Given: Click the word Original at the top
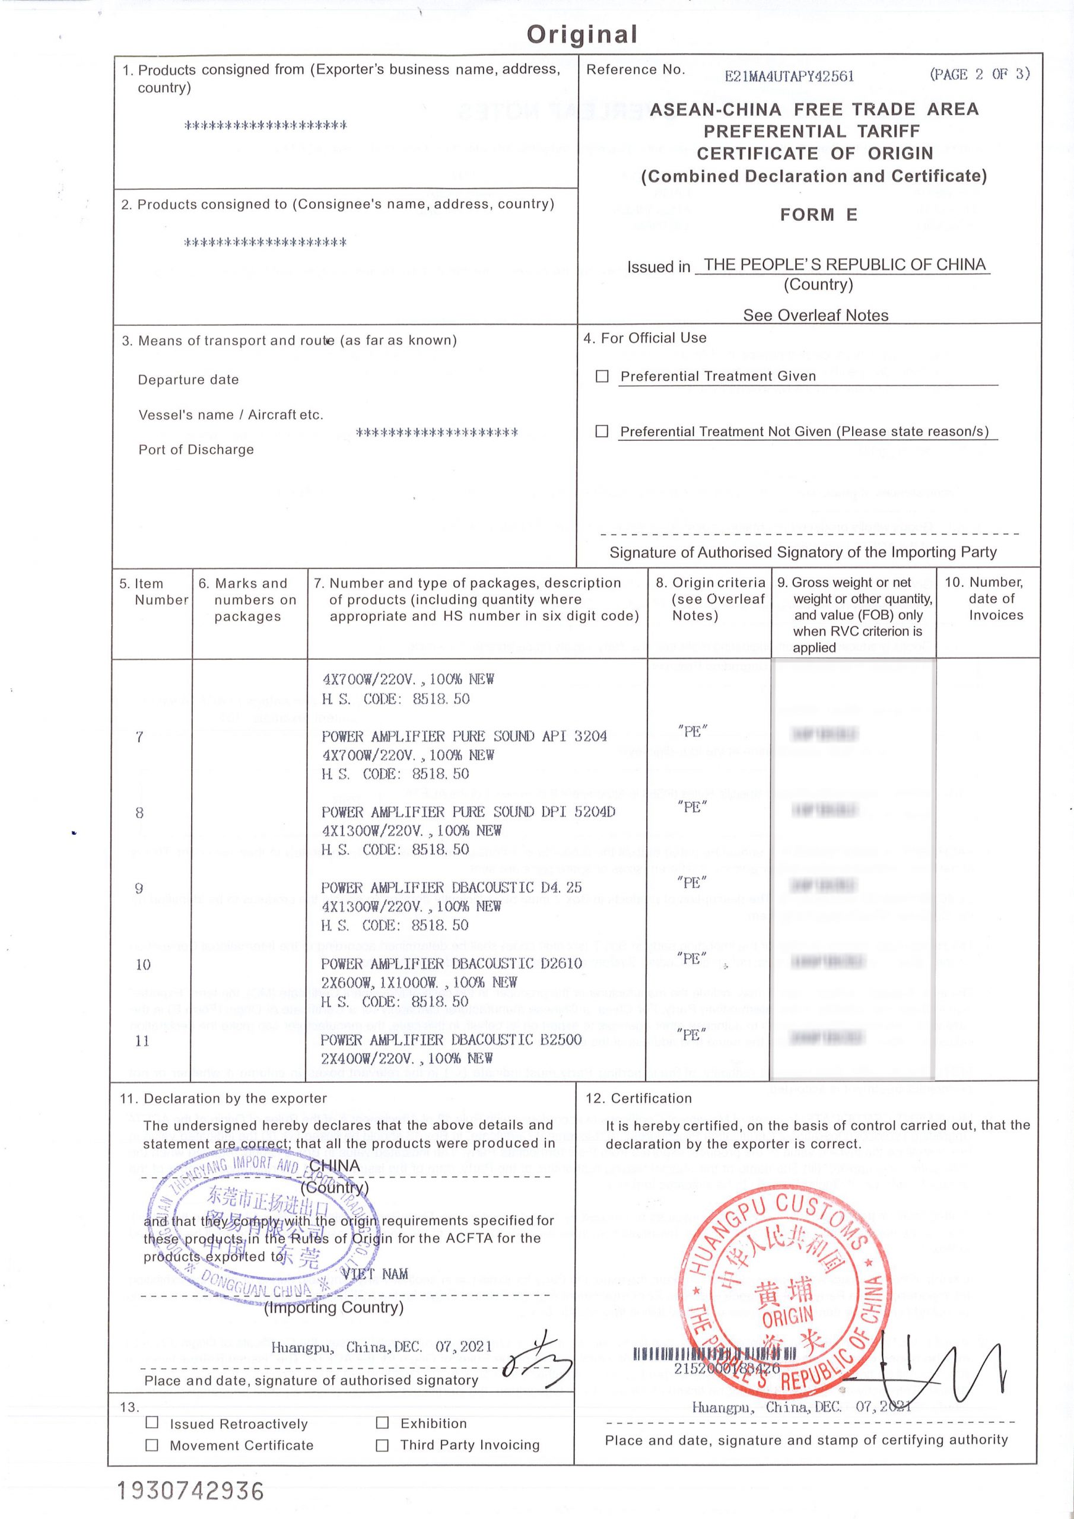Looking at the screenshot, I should pos(582,34).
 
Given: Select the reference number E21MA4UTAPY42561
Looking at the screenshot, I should pos(789,76).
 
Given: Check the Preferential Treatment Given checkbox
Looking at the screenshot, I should pos(602,376).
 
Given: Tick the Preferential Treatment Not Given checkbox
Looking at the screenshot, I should pos(602,431).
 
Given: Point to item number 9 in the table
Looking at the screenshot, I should pos(139,888).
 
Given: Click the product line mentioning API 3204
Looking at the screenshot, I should pos(464,736).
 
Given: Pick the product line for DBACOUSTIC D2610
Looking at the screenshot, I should pos(452,963).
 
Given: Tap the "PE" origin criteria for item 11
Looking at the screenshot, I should pos(692,1034).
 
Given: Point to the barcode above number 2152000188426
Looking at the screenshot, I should pos(714,1353).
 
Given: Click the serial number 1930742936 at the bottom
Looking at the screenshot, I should pos(190,1491).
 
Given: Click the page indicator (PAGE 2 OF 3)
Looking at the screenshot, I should pos(980,74).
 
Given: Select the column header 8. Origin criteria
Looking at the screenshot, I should pos(710,599).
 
